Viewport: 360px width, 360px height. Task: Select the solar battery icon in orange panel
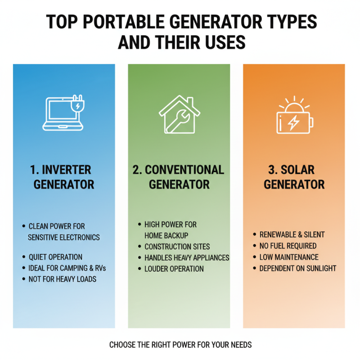tap(295, 116)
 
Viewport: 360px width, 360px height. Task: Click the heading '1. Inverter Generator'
tap(64, 177)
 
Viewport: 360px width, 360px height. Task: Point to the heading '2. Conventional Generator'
tap(179, 177)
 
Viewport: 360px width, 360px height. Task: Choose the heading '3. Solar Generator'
tap(294, 177)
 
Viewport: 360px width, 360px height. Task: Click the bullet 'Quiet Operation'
tap(55, 257)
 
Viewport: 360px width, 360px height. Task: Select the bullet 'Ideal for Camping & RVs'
tap(67, 268)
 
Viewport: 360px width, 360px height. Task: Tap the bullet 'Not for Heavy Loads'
tap(62, 279)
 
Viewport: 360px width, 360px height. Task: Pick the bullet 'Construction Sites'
tap(177, 247)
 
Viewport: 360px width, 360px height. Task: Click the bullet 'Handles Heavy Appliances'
tap(186, 258)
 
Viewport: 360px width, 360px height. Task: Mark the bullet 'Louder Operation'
tap(174, 269)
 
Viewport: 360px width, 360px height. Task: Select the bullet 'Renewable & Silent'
tap(292, 235)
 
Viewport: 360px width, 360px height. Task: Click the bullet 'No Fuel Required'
tap(288, 246)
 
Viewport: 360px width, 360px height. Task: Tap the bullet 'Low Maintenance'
tap(288, 257)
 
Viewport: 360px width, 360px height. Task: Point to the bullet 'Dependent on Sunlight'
tap(297, 268)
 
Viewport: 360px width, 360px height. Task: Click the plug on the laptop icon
tap(78, 104)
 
